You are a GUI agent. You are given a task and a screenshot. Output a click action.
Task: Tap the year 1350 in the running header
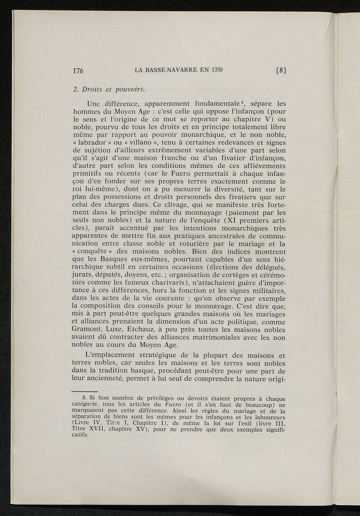tap(216, 70)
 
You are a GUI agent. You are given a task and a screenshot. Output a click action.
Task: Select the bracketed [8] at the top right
tap(281, 70)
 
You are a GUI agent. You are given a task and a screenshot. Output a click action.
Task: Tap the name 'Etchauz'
tap(138, 329)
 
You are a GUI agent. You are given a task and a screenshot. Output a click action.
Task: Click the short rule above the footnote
tap(84, 391)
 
